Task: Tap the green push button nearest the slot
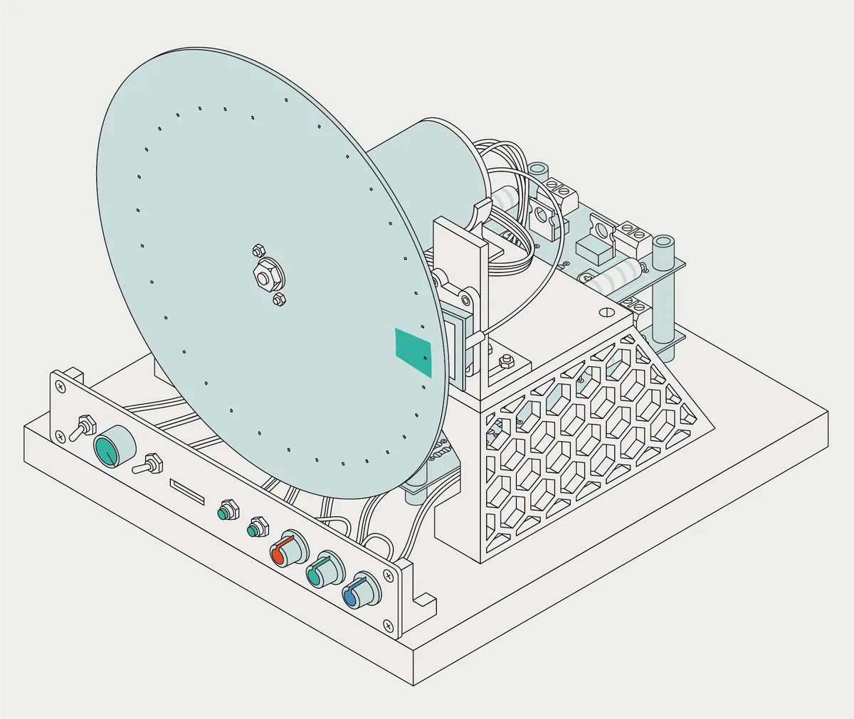tap(227, 511)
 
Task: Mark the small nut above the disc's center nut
tap(258, 250)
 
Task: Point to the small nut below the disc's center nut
tap(279, 299)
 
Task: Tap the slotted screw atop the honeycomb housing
tap(606, 311)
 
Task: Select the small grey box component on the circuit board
tap(594, 249)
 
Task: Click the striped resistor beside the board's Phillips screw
tap(613, 277)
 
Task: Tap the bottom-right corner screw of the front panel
tap(389, 626)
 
